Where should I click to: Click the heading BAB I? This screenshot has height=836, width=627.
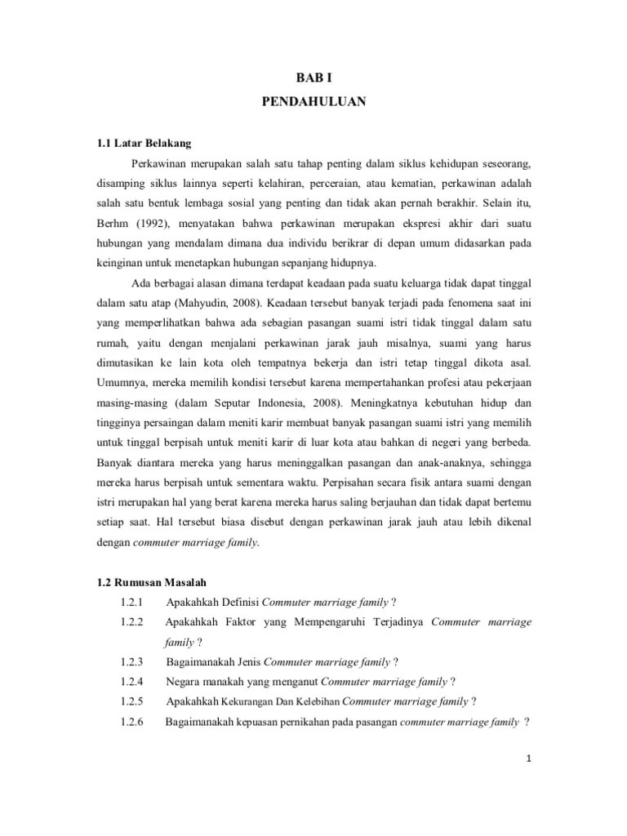click(313, 78)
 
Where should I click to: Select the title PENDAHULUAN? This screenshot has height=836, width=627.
click(313, 102)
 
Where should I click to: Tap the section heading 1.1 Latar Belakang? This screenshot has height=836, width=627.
click(144, 144)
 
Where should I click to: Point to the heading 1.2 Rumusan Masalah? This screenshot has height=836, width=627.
click(152, 582)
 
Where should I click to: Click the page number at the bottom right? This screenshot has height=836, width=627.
click(529, 758)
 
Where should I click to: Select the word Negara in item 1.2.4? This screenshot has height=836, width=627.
click(183, 682)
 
